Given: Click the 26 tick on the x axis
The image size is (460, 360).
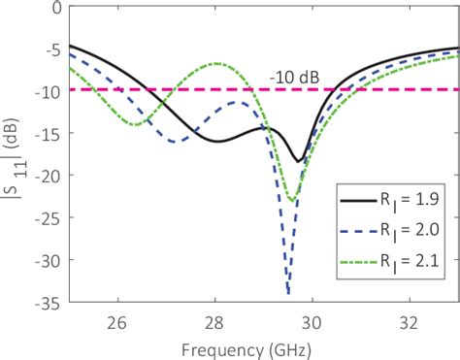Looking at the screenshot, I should point(117,318).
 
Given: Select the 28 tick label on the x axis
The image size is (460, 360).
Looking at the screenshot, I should point(214,318).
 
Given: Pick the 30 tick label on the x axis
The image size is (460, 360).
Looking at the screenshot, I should point(312,318).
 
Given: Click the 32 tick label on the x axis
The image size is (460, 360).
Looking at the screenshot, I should point(409,318).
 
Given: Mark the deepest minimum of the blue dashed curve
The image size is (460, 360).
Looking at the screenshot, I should point(288,292).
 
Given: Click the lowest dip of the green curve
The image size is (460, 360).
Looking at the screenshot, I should point(292,201).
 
